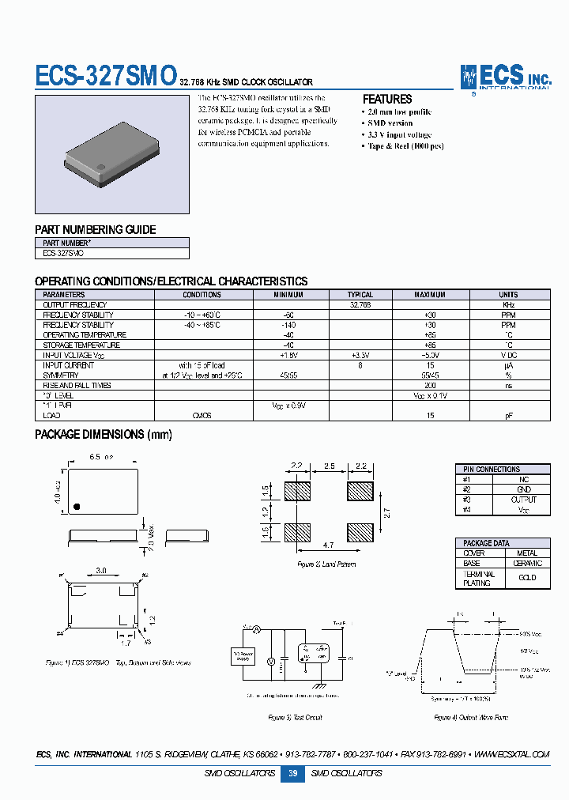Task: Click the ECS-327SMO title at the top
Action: (106, 76)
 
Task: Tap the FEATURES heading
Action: (387, 100)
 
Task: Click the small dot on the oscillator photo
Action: (102, 165)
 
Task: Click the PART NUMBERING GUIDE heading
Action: (96, 230)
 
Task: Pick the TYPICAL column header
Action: (360, 295)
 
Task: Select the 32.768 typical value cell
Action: (360, 304)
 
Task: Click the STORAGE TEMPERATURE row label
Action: (81, 345)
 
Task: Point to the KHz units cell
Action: (508, 304)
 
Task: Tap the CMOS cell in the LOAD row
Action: (202, 414)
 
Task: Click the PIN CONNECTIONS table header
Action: (492, 470)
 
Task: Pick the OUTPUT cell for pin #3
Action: (523, 500)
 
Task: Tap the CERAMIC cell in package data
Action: (527, 564)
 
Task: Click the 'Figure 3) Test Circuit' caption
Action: (295, 718)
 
